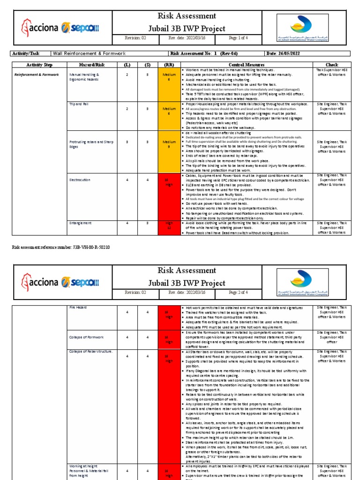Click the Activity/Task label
tap(28, 54)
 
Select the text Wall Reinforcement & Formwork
tap(89, 54)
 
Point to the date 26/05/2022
tap(290, 54)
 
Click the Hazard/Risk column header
tap(89, 65)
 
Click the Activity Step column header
tap(39, 65)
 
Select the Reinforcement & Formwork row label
tap(37, 75)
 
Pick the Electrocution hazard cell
tap(80, 180)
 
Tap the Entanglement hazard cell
tap(80, 223)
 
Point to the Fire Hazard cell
tap(78, 307)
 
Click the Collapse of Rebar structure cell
tap(91, 351)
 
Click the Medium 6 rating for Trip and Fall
tap(169, 111)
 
